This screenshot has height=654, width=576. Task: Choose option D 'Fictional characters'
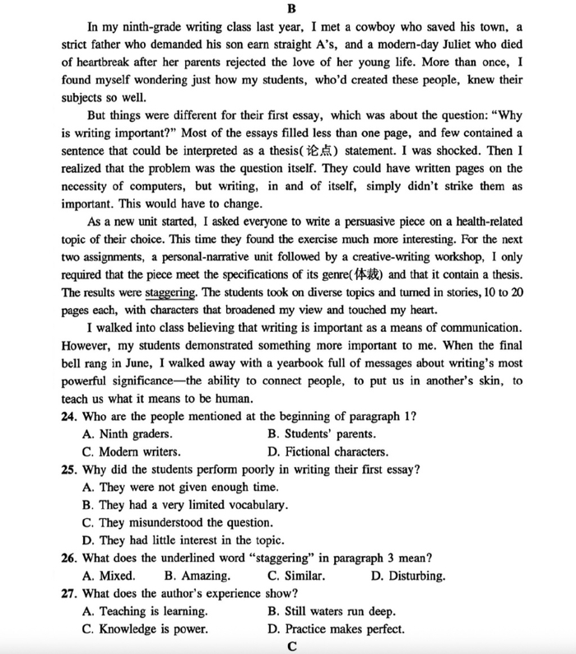point(327,451)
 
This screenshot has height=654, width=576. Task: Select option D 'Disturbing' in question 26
point(408,576)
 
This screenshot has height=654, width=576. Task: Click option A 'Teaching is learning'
point(145,611)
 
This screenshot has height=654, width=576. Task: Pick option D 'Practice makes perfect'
point(336,629)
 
